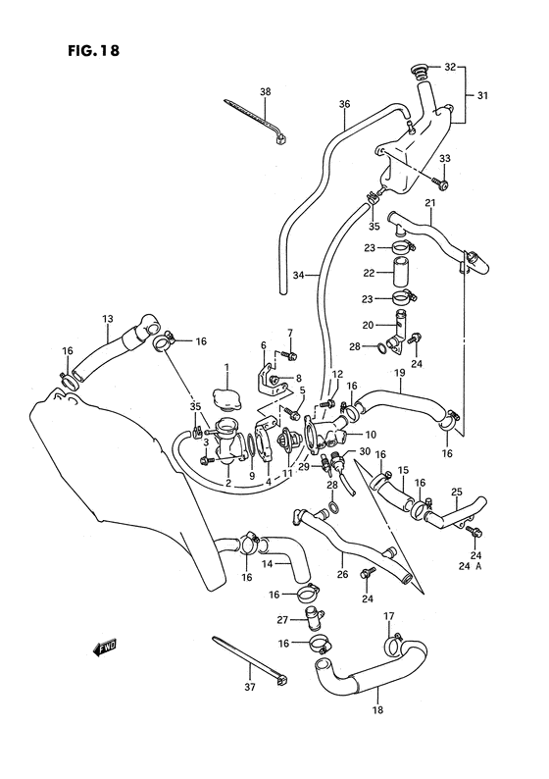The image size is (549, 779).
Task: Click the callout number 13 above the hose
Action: (x=108, y=318)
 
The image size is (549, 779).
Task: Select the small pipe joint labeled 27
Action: (x=311, y=619)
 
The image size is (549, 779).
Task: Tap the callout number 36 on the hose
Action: (x=344, y=103)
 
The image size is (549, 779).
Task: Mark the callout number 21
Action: (x=428, y=202)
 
